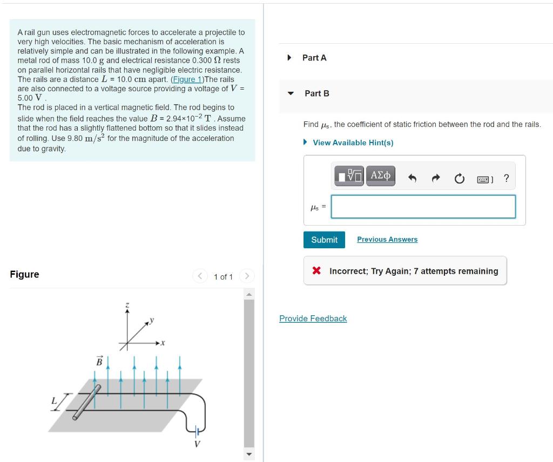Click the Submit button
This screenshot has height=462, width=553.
324,240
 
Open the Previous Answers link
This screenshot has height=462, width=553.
387,240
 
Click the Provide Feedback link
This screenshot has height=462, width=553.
313,318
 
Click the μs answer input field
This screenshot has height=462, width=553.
423,207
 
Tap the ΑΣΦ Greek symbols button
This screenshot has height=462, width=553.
381,176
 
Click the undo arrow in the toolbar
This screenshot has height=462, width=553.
412,179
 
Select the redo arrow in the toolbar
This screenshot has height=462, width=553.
435,179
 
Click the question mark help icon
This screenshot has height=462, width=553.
506,178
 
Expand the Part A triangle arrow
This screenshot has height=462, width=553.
289,58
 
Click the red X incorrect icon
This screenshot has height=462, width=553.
317,271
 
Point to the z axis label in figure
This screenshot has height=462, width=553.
127,306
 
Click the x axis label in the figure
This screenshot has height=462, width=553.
162,343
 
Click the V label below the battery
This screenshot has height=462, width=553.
197,444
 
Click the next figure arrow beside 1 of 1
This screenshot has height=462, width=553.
246,277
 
